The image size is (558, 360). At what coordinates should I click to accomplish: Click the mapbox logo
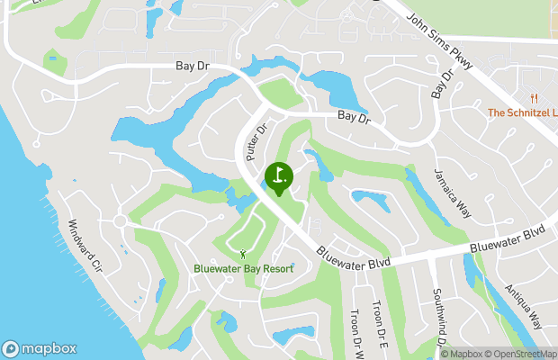[x=40, y=348]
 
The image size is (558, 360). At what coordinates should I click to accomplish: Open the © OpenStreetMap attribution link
[x=523, y=354]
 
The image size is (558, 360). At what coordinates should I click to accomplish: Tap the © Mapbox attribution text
[x=463, y=354]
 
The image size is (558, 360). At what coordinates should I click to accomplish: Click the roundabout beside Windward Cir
[x=119, y=221]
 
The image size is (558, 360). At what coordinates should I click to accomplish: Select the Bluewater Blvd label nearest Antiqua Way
[x=508, y=238]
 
